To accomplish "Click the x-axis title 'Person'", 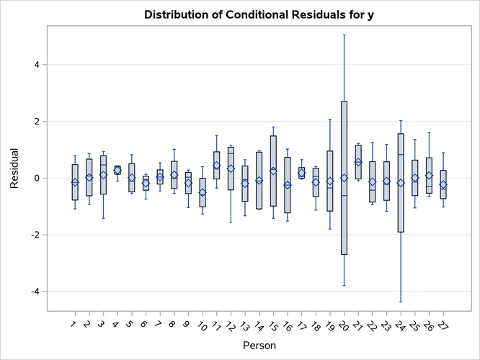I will (259, 346).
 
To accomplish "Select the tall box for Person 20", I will (344, 144).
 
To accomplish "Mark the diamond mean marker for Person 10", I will (203, 192).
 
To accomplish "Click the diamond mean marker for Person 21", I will (358, 162).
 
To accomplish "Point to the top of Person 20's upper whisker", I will (344, 35).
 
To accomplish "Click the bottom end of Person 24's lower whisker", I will (401, 302).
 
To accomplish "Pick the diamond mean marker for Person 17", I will (301, 173).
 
